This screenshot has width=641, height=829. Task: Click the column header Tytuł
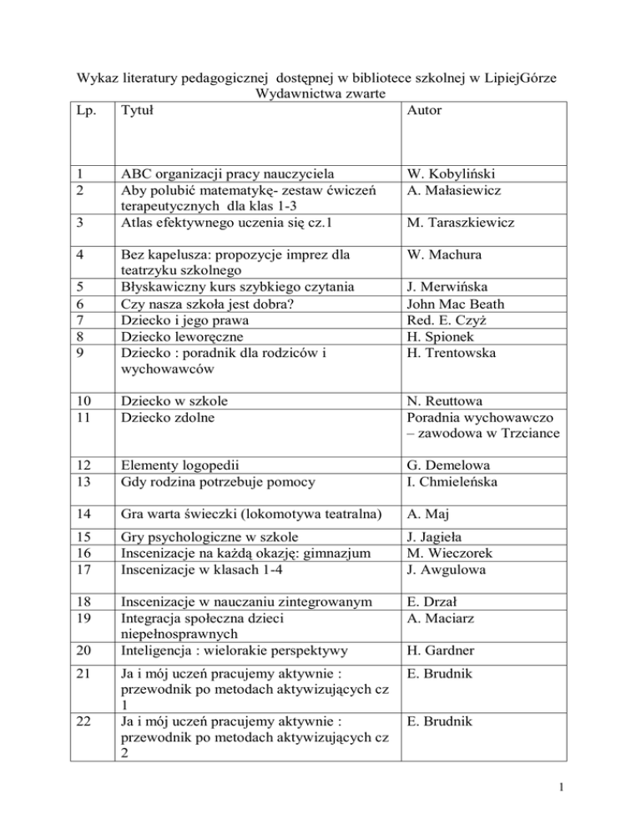point(137,110)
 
